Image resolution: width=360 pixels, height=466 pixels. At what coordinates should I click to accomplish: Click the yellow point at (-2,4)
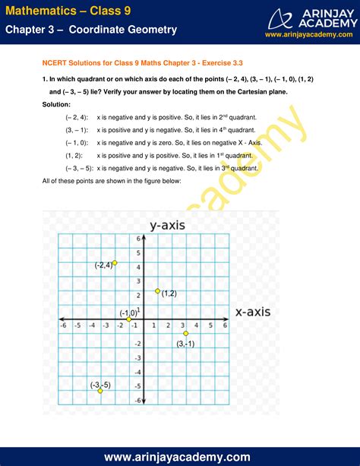point(115,262)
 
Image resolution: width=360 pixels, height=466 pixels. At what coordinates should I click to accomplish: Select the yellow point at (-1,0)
point(130,319)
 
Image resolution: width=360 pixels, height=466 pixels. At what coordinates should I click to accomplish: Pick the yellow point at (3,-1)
point(185,333)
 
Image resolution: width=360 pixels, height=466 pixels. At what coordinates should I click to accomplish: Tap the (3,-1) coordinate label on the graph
point(185,344)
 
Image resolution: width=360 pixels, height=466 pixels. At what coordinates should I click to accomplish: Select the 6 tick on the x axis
point(225,325)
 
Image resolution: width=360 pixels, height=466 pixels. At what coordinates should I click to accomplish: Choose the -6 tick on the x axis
point(63,325)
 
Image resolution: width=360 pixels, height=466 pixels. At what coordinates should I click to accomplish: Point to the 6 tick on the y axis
point(138,239)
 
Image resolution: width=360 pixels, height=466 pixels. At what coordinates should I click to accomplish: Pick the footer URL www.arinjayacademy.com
point(179,456)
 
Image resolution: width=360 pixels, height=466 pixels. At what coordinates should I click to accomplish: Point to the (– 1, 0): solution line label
point(77,142)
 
